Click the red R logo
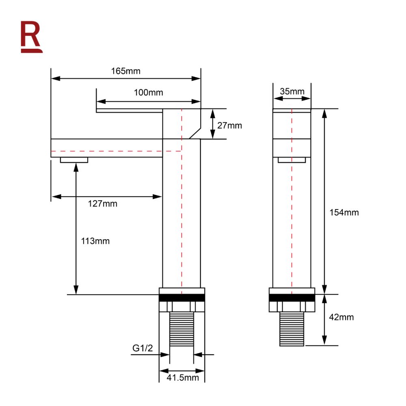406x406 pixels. [31, 37]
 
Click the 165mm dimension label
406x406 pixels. [126, 71]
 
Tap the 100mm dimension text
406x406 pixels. [149, 93]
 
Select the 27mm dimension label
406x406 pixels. [229, 125]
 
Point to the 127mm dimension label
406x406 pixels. [103, 203]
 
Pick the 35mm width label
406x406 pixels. [292, 91]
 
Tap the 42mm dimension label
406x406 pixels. [341, 317]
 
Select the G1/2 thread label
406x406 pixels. [143, 348]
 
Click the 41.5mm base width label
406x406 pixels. [183, 378]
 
